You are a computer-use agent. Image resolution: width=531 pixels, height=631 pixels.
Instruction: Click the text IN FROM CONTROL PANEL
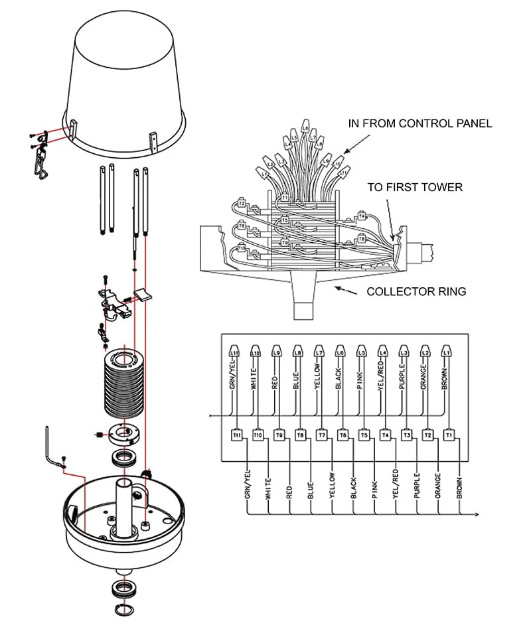tap(420, 123)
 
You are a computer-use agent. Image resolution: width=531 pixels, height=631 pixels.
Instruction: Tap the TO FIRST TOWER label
tap(414, 187)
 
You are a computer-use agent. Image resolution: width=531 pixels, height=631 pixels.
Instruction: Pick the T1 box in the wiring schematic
tap(449, 435)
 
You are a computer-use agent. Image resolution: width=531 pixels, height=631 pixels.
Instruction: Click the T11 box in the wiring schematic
tap(236, 435)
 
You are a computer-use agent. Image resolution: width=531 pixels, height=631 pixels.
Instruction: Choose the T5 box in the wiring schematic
tap(364, 435)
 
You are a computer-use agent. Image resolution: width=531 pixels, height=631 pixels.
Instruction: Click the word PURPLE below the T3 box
tap(417, 486)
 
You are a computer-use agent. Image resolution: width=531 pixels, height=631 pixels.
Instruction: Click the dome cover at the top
tap(127, 73)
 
